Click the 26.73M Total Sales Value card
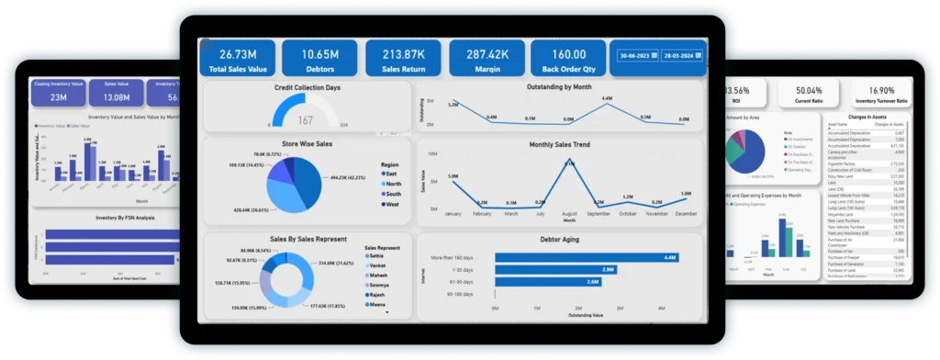coord(237,58)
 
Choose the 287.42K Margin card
coord(486,58)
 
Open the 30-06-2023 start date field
coord(638,56)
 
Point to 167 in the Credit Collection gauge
coord(305,120)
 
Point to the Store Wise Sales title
coord(308,143)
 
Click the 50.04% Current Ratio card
coord(810,95)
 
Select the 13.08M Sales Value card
coord(117,92)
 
